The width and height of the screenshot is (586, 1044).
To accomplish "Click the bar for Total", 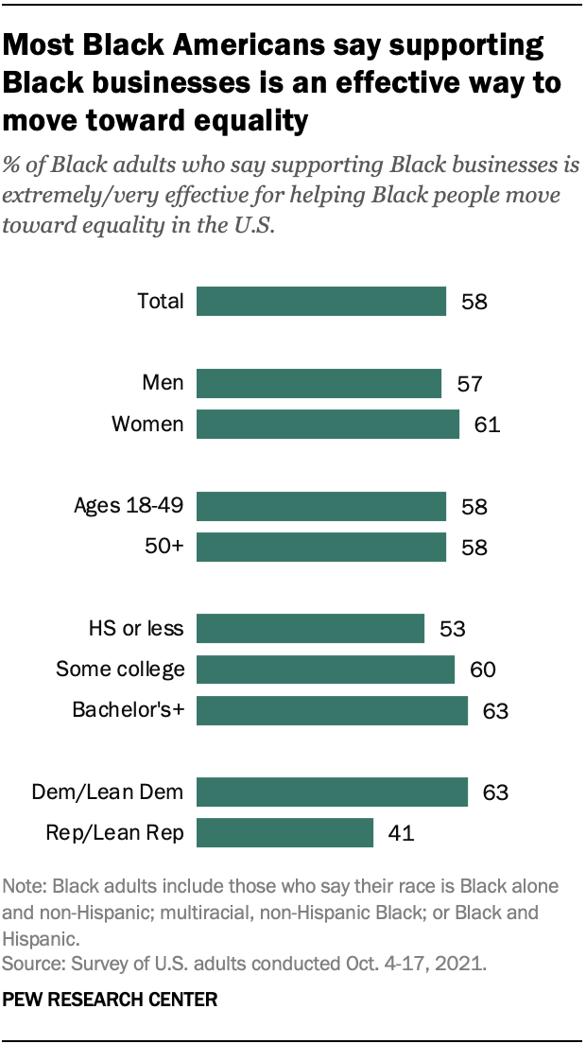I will (321, 302).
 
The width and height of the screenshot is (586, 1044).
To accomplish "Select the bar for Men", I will (319, 383).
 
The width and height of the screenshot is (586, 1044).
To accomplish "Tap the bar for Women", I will (328, 424).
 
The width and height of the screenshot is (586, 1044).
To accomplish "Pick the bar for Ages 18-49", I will (321, 506).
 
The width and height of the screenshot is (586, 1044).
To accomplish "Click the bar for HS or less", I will (310, 629).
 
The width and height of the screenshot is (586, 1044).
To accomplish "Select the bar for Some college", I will (326, 670).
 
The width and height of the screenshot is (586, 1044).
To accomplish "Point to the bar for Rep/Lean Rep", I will (284, 833).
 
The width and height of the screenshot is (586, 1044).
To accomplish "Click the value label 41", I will (401, 833).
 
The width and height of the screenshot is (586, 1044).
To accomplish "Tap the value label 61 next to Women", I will (486, 424).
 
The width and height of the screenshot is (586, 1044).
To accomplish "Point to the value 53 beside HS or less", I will (453, 629).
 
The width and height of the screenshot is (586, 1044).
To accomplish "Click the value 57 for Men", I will (469, 383).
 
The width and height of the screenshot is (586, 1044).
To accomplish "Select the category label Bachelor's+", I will (128, 710).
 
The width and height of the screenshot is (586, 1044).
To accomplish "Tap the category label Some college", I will (119, 670).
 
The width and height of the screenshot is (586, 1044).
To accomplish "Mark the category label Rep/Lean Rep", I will (113, 833).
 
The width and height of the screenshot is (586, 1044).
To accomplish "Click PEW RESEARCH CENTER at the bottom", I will (111, 999).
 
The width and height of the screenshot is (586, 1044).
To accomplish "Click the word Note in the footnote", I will (24, 887).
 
